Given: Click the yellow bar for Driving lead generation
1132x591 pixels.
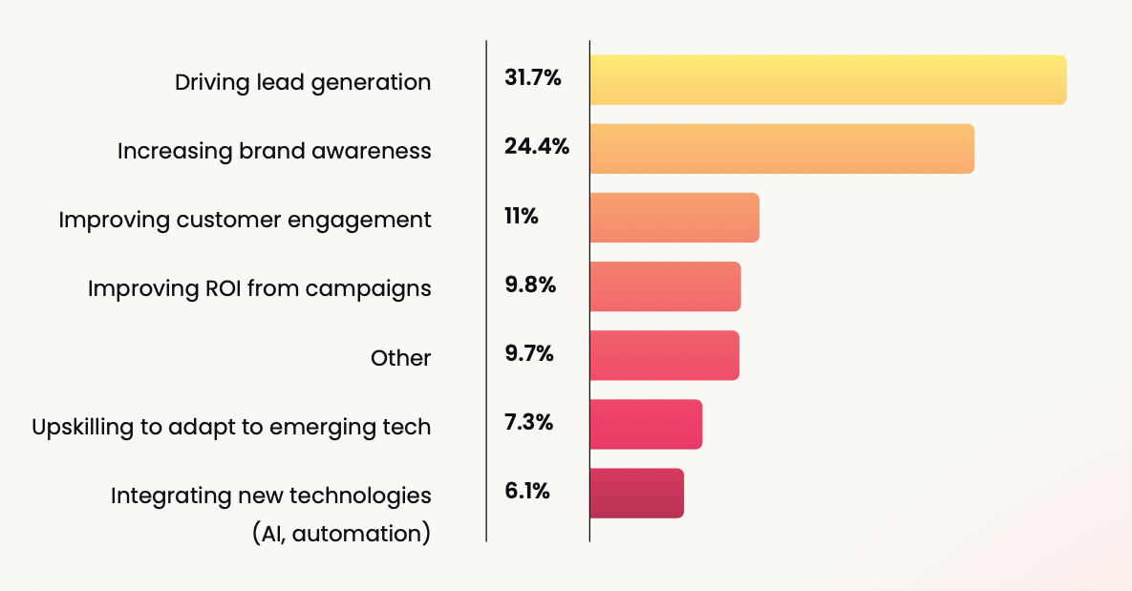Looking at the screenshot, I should [x=827, y=80].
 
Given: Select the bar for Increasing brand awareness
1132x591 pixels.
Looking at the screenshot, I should [x=781, y=149].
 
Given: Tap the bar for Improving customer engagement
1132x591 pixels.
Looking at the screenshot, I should [x=674, y=218].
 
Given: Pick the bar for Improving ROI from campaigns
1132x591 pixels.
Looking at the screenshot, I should [x=665, y=286].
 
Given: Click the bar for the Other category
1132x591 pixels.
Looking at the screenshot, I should [x=664, y=355].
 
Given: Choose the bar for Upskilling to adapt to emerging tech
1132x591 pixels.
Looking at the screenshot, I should [x=646, y=424].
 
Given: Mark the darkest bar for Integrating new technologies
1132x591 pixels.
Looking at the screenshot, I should [x=636, y=493].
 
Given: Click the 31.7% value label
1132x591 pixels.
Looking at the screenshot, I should [x=532, y=78].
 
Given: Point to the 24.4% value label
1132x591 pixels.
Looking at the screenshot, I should [x=536, y=147].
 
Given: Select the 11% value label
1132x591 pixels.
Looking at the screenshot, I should [x=521, y=217].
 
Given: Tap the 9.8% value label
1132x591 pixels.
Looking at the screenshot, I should [x=529, y=285].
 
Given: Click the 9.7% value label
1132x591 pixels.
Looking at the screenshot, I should [x=529, y=354].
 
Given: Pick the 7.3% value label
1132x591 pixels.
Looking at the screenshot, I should [x=528, y=423].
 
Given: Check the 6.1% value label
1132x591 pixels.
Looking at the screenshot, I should [x=526, y=492].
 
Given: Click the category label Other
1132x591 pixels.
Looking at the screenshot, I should [x=400, y=358].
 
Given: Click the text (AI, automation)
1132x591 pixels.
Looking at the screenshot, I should [x=341, y=533].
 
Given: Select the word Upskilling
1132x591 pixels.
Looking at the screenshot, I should [x=82, y=428].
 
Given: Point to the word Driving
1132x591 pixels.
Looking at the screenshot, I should [x=207, y=83].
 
